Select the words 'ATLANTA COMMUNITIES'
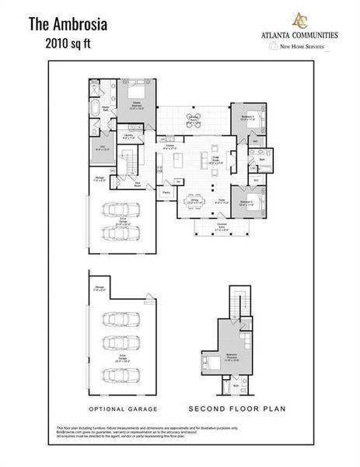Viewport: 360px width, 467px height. [x=302, y=36]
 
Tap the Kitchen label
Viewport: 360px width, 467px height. [x=170, y=146]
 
